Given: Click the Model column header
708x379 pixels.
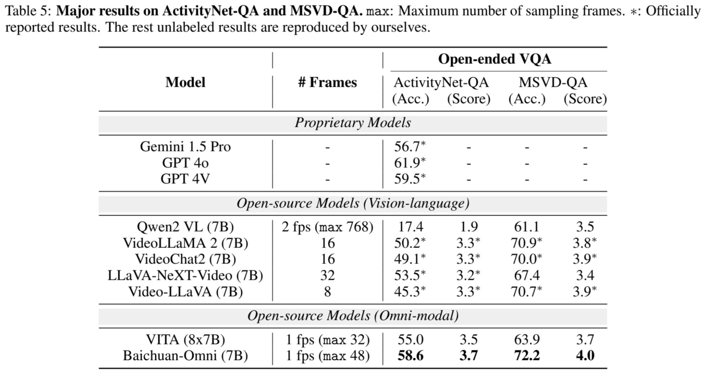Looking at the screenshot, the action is click(x=185, y=83).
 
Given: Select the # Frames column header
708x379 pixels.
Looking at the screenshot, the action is click(x=327, y=83).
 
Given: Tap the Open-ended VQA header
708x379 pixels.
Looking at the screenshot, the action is click(x=495, y=59).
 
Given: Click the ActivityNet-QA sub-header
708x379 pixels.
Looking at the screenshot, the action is click(x=441, y=83).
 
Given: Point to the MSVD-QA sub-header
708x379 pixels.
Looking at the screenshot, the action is click(x=553, y=83).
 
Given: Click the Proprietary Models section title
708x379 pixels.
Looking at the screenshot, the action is click(x=353, y=123).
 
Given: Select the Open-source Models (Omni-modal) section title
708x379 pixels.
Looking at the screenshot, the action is click(x=353, y=316).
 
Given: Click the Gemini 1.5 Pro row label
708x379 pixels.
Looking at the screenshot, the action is click(x=185, y=147).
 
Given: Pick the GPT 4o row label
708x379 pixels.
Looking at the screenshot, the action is click(x=185, y=163).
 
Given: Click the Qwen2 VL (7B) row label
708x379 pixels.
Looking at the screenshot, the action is click(x=185, y=227).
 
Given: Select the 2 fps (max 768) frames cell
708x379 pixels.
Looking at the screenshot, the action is click(x=327, y=227).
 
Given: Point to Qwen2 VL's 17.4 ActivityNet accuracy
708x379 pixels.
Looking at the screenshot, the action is click(x=411, y=227).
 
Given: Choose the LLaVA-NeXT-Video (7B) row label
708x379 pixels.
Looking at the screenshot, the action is click(x=185, y=276).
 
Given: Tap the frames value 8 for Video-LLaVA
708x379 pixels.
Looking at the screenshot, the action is click(x=327, y=291).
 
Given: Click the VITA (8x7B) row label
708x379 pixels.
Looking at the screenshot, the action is click(x=185, y=340).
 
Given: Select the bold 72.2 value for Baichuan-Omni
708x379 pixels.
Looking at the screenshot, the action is click(x=527, y=356).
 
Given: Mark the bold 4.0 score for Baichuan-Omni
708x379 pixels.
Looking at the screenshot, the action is click(x=585, y=356).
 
